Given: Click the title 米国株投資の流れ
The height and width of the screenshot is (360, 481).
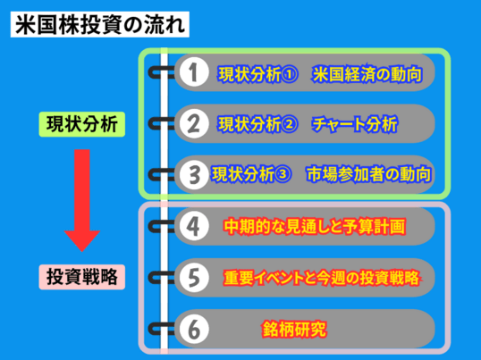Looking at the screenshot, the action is [100, 24].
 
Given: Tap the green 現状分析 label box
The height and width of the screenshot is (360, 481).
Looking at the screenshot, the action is [82, 124].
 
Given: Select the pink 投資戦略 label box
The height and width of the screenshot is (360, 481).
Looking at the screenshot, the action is [82, 277].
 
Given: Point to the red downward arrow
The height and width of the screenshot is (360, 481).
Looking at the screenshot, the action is [82, 200].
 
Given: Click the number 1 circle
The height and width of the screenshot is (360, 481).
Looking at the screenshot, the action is [194, 72].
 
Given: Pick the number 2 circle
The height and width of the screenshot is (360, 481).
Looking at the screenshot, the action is [194, 124].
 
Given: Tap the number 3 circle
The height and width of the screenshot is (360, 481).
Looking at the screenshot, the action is [194, 174].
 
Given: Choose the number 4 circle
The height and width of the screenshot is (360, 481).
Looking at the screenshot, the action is [194, 226].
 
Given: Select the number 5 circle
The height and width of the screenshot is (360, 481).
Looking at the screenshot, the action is [194, 278].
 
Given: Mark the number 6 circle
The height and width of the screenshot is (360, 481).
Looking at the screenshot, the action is [194, 330].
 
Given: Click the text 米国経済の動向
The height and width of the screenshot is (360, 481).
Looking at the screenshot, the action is [367, 74].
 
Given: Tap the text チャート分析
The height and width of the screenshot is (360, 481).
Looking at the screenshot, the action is [355, 124].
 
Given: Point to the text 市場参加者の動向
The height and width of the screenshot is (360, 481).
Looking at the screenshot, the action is [368, 174].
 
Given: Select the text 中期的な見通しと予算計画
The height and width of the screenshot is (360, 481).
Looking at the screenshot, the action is [315, 226].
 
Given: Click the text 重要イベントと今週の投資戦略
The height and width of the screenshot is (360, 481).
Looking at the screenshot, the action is [321, 278].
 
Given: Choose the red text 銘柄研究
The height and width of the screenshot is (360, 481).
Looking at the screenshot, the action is [294, 330].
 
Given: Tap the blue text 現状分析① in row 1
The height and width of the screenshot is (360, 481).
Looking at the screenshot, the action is [257, 74].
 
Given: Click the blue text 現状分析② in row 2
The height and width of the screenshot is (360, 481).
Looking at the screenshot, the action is [257, 124].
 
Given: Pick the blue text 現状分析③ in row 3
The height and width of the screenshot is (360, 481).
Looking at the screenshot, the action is [251, 174].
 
